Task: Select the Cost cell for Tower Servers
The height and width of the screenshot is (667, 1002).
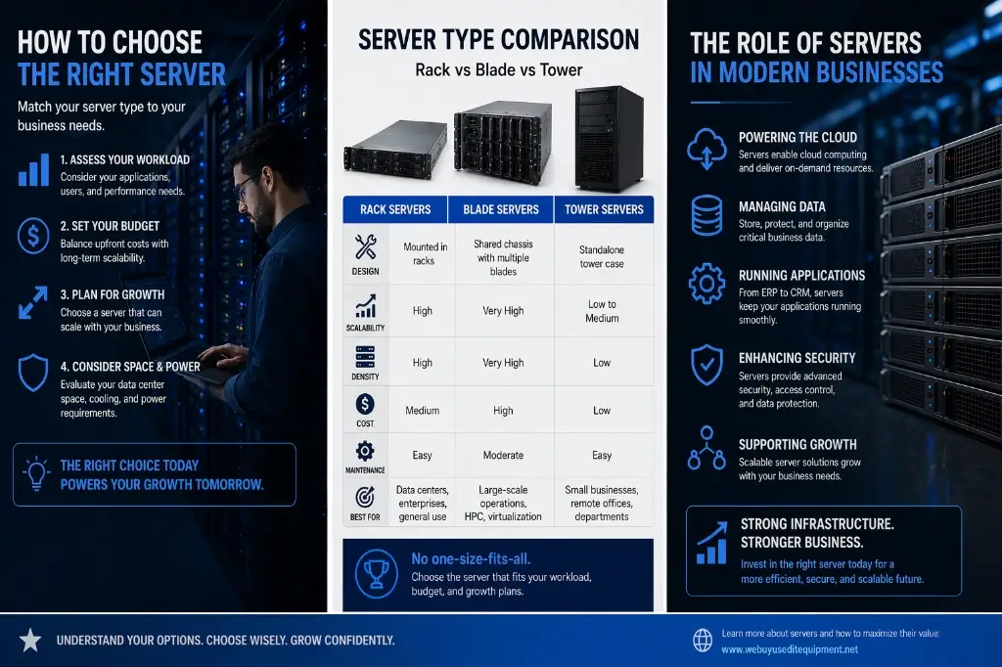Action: coord(602,411)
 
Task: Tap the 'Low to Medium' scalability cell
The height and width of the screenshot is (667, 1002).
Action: coord(602,311)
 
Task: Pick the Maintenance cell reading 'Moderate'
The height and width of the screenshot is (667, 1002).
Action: coord(503,456)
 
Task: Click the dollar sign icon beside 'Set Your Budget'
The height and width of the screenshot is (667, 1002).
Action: coord(33,234)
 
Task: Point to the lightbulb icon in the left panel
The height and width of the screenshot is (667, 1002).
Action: coord(35,474)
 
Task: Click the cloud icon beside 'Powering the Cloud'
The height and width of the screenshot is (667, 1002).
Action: coord(706,149)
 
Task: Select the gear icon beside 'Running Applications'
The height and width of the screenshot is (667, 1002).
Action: coord(706,284)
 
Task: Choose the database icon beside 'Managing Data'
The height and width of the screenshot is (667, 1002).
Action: coord(706,215)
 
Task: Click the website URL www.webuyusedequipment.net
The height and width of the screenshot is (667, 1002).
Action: coord(789,649)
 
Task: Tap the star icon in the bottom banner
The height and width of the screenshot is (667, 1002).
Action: coord(30,641)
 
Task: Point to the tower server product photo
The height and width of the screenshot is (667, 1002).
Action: coord(608,138)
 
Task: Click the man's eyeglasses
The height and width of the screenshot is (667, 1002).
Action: coord(242,187)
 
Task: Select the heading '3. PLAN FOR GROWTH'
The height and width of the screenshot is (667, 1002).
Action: coord(113,294)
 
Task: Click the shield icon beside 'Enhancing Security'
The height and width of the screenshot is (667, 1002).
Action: coord(706,365)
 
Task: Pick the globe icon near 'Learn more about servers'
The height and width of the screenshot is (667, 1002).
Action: coord(703,641)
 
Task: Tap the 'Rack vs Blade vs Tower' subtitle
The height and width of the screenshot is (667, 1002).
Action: coord(498,70)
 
